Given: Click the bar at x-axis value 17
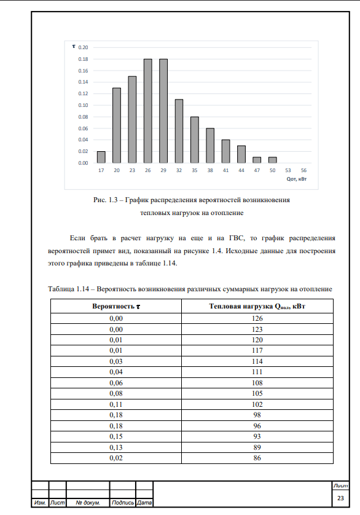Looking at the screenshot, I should [x=101, y=157].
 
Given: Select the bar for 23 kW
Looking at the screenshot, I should [x=132, y=120].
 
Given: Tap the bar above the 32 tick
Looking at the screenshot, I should [x=179, y=131].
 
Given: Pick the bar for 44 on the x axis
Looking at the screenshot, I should [x=241, y=154].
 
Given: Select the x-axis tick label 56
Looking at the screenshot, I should [x=304, y=170].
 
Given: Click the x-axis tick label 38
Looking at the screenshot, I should [x=210, y=170].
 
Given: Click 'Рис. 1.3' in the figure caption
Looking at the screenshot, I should [x=100, y=200].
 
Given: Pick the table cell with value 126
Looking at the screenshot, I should [x=257, y=318].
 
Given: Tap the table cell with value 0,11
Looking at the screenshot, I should [x=116, y=404].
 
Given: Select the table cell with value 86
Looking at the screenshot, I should [x=257, y=458].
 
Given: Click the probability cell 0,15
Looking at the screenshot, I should [x=116, y=437].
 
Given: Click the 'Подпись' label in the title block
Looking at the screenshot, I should [x=123, y=503].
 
